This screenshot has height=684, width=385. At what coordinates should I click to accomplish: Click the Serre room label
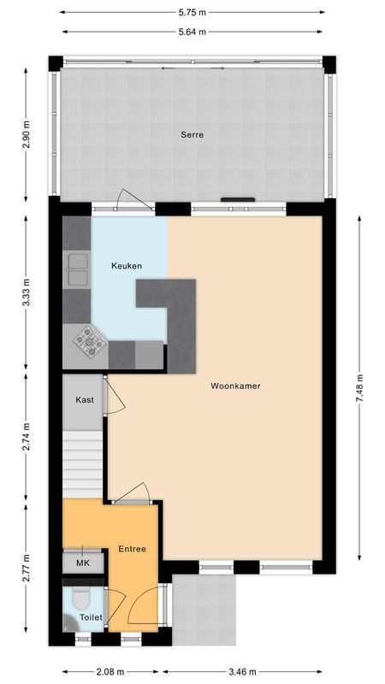pyautogui.click(x=192, y=135)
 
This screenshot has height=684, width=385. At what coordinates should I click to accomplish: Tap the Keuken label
pyautogui.click(x=126, y=266)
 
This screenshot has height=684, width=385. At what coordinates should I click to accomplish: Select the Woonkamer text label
pyautogui.click(x=235, y=386)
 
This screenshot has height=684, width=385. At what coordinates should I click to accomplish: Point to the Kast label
pyautogui.click(x=84, y=400)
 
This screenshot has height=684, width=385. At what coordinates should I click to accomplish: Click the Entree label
pyautogui.click(x=132, y=549)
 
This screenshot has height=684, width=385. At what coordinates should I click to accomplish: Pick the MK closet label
pyautogui.click(x=83, y=563)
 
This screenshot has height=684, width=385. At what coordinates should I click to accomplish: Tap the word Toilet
pyautogui.click(x=91, y=616)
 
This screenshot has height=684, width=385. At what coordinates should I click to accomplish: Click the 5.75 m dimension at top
pyautogui.click(x=192, y=13)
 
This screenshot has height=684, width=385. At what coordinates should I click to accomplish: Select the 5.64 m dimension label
pyautogui.click(x=192, y=32)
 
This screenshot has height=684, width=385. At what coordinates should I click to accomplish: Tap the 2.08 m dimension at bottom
pyautogui.click(x=110, y=671)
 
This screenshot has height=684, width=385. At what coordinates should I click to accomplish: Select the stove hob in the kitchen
pyautogui.click(x=89, y=342)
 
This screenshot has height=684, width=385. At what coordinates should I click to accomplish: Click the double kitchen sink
pyautogui.click(x=79, y=268)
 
